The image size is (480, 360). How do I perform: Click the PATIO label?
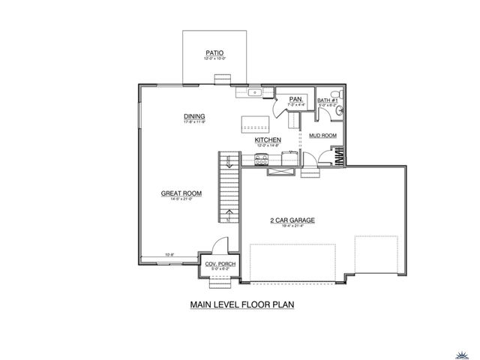(x=215, y=52)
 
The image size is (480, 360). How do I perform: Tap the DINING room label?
(x=194, y=116)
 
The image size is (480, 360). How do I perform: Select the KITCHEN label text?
(x=268, y=140)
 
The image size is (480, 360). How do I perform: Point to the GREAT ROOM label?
(x=177, y=193)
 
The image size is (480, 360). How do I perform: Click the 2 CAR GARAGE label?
(x=292, y=220)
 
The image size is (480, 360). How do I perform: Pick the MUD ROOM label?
(x=323, y=136)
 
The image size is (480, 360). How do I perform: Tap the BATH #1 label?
(x=328, y=100)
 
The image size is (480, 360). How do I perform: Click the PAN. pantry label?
(x=295, y=98)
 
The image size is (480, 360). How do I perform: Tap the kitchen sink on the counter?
(x=255, y=93)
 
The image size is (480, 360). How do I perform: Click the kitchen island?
(x=253, y=123)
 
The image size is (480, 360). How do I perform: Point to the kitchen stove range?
(x=262, y=158)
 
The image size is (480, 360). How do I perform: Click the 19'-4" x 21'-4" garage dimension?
(x=292, y=226)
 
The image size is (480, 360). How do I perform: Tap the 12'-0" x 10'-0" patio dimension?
(x=215, y=58)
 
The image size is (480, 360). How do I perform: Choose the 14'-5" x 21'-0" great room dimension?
(x=177, y=199)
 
